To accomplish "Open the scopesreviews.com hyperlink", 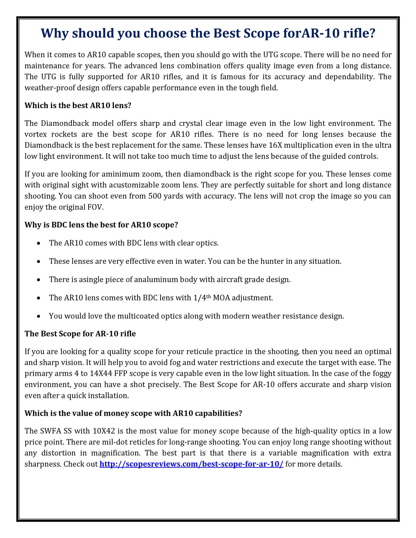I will [x=191, y=464].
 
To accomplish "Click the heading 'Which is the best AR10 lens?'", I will [x=78, y=106].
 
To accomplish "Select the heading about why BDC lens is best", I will [x=101, y=225].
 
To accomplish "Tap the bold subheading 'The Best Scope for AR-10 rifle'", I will [x=80, y=333].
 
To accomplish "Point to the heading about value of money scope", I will [x=133, y=413].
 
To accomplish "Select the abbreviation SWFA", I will [x=50, y=431].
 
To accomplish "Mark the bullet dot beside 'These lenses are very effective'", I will [x=39, y=262].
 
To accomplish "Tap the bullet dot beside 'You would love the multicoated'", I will [x=39, y=316].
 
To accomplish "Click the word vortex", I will [x=35, y=134].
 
